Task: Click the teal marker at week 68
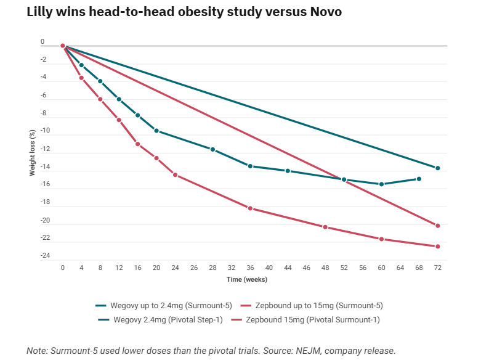coord(419,179)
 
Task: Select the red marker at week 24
coord(175,175)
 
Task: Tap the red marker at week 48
coord(325,227)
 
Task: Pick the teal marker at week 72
coord(437,168)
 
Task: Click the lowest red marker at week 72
coord(437,247)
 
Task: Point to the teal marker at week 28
coord(212,150)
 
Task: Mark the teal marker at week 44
coord(288,171)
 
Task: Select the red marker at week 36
coord(250,208)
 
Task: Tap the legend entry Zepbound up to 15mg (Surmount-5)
coord(305,306)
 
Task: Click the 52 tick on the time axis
coord(344,269)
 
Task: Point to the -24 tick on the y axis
coord(44,256)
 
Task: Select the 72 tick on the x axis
coord(437,269)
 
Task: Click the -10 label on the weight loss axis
coord(44,131)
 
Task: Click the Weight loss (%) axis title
coord(33,153)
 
